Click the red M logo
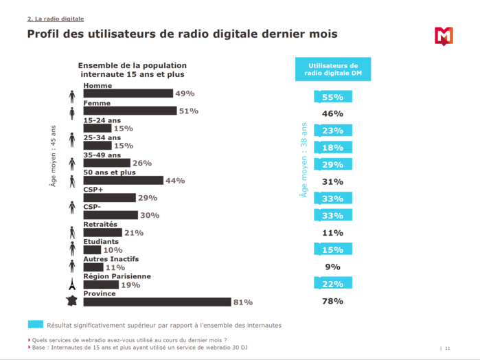(444, 36)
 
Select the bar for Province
(157, 302)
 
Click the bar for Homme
(128, 93)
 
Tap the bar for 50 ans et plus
(123, 181)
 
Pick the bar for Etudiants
(92, 250)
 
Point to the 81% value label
(243, 302)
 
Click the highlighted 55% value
(333, 98)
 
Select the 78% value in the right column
(333, 302)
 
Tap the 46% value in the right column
(333, 114)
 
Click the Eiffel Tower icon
(71, 283)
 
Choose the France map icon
(71, 300)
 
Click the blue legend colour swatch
(35, 324)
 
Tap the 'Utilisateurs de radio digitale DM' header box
(333, 69)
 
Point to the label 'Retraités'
(100, 225)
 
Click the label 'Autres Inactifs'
(111, 259)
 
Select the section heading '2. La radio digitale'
(55, 19)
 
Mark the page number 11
(447, 348)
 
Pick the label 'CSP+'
(93, 190)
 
